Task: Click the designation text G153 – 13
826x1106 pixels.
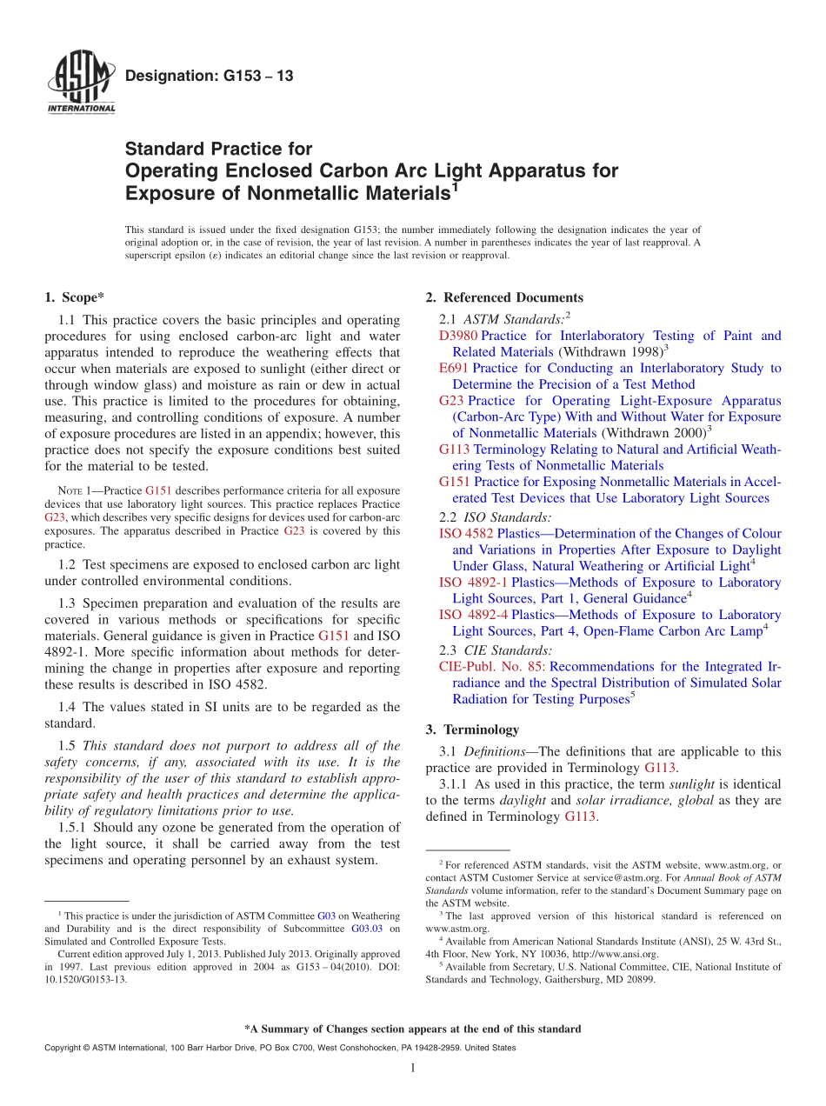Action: click(210, 77)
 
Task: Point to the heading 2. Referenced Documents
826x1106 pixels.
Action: click(503, 297)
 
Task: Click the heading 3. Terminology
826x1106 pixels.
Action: click(472, 730)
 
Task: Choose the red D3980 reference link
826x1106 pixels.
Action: click(458, 336)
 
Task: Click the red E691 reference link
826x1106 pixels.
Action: click(454, 369)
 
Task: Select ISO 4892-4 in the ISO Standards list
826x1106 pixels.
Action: click(474, 615)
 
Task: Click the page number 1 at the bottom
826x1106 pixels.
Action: click(412, 1069)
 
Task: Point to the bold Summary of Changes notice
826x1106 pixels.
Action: click(412, 1029)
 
